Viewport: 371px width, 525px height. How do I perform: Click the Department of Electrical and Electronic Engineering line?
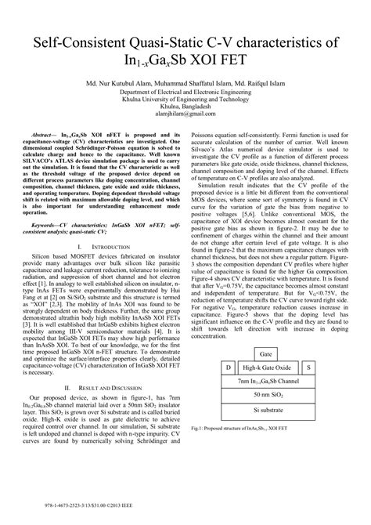point(185,92)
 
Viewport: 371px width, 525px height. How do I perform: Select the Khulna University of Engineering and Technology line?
point(185,100)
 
